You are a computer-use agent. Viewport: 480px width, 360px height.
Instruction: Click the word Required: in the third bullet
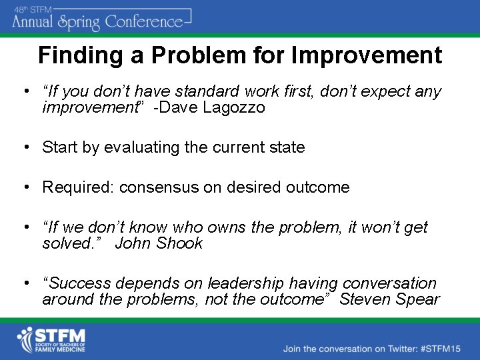(78, 187)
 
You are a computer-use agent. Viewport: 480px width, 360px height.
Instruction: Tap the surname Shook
(179, 243)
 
